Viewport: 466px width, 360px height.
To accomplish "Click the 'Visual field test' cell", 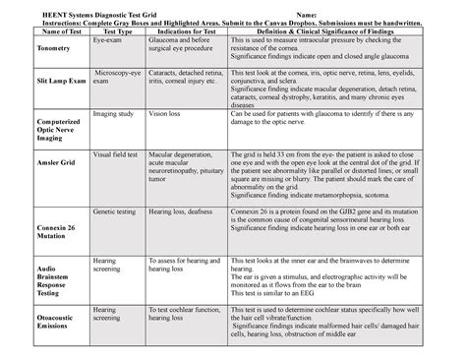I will [117, 154].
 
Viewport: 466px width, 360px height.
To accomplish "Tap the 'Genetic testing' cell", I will [116, 210].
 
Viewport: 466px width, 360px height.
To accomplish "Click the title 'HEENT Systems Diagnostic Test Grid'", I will [98, 8].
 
